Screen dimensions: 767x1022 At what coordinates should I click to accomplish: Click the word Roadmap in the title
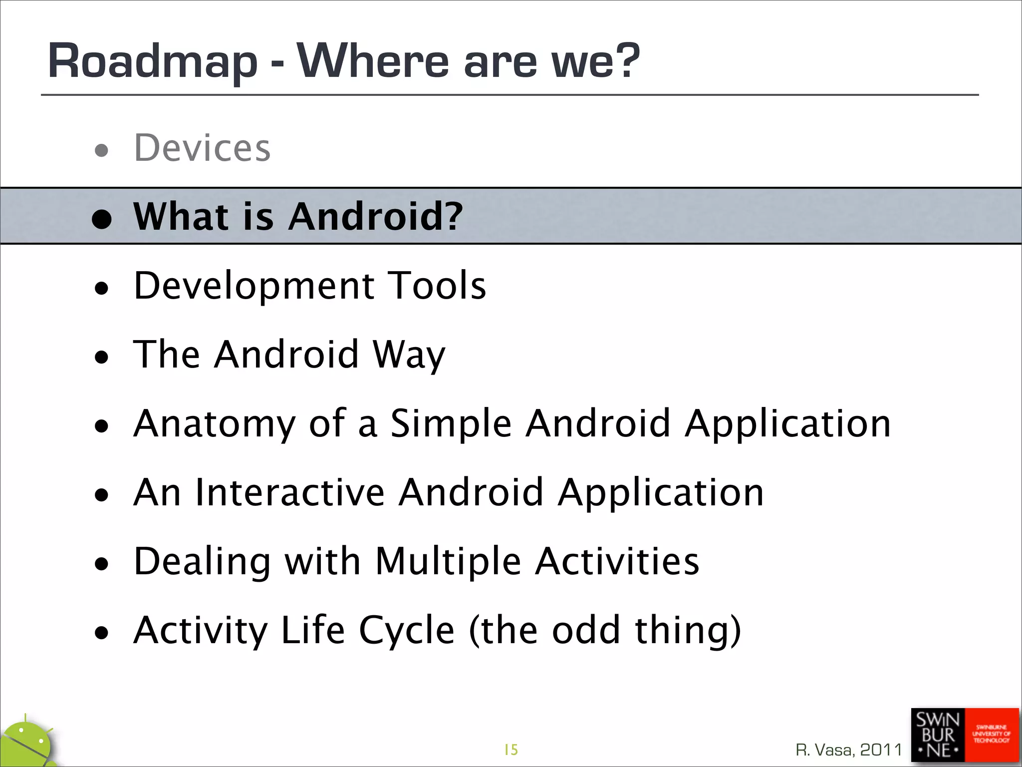(152, 61)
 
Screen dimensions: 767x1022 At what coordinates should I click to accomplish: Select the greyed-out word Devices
(202, 148)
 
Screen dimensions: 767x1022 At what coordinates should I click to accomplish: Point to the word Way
(409, 355)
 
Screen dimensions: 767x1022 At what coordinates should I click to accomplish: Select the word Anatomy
(215, 423)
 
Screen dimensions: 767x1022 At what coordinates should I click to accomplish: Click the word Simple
(451, 423)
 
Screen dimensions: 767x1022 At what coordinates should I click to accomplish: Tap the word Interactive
(290, 492)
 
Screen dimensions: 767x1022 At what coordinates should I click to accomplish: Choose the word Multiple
(448, 561)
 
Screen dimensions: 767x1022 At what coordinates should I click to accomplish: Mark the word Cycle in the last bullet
(406, 630)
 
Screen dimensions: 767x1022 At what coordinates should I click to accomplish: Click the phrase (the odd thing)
(605, 630)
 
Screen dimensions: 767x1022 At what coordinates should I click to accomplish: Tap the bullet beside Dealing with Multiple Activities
(102, 564)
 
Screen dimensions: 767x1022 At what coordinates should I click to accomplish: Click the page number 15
(511, 750)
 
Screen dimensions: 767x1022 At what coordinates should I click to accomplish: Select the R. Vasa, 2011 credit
(849, 750)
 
